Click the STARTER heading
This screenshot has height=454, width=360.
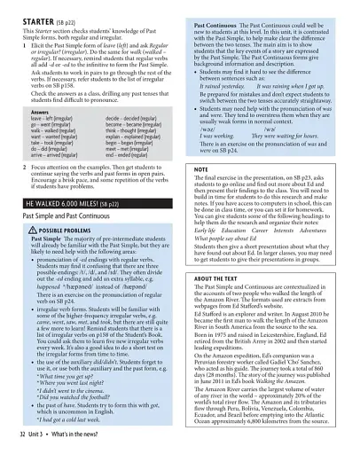pos(29,13)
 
